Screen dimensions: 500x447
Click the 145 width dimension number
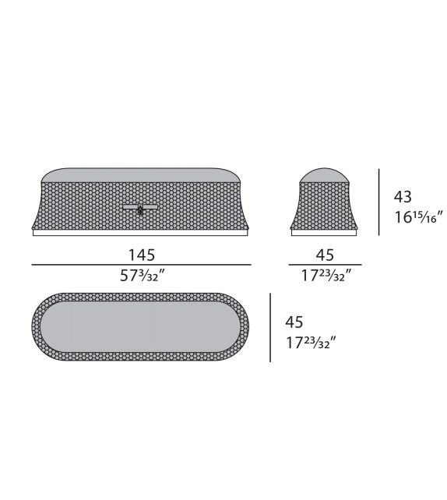click(x=141, y=254)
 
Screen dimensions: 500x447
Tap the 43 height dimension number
click(x=403, y=197)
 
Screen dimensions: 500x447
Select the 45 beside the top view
click(x=294, y=322)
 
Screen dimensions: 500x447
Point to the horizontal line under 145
click(x=141, y=265)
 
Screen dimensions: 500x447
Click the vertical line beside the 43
click(x=379, y=202)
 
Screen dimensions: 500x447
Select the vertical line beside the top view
click(x=270, y=327)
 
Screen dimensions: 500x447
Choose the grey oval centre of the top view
click(x=140, y=327)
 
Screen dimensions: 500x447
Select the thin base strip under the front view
click(x=140, y=232)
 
